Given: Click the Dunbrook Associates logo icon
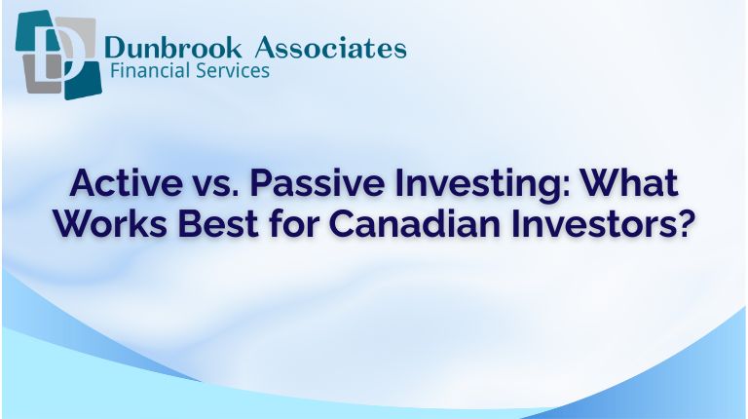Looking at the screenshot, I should point(56,56).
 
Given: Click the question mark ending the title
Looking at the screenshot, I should point(685,224).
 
